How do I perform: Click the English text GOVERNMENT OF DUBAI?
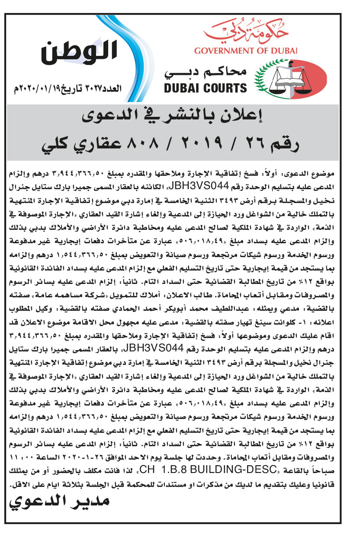click(x=246, y=51)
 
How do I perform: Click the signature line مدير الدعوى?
click(x=60, y=502)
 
